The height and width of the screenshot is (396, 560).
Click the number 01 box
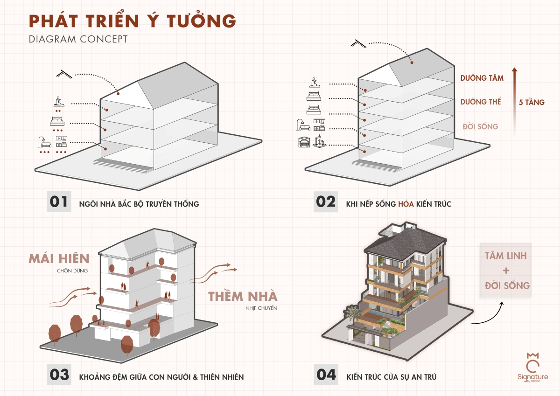59,202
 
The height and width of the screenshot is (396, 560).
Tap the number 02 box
325,202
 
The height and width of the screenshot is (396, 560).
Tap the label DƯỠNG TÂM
482,78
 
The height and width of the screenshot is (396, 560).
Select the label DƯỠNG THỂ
481,102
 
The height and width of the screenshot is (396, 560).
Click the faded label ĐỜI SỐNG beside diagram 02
480,126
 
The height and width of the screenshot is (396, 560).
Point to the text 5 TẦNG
532,103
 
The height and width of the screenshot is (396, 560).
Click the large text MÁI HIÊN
59,259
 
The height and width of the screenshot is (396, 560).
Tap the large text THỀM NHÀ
243,296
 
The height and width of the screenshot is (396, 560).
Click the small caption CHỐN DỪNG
72,271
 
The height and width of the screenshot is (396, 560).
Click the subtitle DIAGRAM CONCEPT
78,39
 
